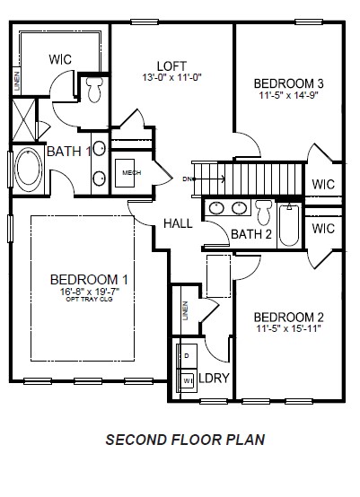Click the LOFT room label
click(x=171, y=65)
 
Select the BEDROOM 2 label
click(x=288, y=317)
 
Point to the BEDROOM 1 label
click(x=89, y=278)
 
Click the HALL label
click(x=178, y=222)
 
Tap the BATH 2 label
click(x=250, y=234)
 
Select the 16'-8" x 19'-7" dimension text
click(x=89, y=291)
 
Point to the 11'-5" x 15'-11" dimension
click(x=288, y=329)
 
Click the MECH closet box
click(x=132, y=172)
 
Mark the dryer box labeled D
click(x=188, y=356)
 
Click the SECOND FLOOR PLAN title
click(x=185, y=440)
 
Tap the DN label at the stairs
click(x=187, y=179)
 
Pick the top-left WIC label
click(x=60, y=59)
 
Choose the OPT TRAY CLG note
click(x=89, y=300)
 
